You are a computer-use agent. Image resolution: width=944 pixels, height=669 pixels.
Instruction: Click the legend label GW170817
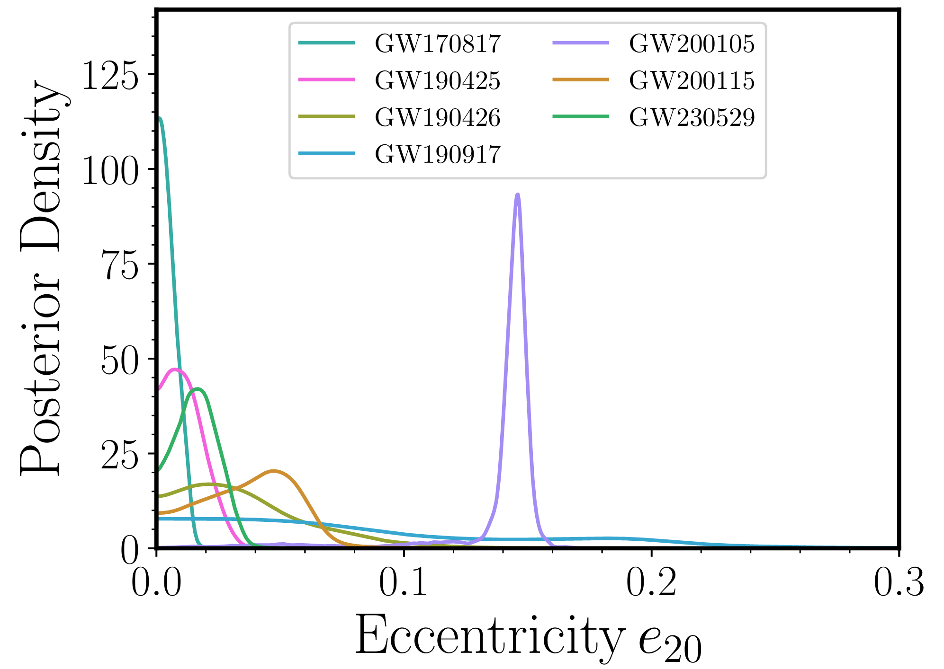coord(437,44)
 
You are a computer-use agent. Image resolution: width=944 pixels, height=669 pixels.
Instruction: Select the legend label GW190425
coord(437,80)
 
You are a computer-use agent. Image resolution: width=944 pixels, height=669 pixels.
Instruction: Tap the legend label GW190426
coord(437,117)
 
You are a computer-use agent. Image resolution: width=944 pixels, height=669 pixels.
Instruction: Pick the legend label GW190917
coord(437,154)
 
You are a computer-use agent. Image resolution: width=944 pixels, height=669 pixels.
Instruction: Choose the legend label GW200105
coord(692,44)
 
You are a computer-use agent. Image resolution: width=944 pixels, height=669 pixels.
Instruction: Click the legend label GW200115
coord(692,80)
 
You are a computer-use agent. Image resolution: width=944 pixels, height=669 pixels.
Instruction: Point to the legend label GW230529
coord(692,117)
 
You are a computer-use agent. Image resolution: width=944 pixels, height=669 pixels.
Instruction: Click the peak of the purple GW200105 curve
coord(518,194)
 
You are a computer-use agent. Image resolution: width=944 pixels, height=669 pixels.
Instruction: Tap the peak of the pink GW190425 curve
coord(175,370)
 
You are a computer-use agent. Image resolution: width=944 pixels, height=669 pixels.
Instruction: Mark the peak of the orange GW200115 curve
coord(274,471)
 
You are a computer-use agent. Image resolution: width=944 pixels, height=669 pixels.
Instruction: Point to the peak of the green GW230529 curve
coord(198,389)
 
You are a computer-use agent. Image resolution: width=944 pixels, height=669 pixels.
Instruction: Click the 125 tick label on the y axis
coord(110,76)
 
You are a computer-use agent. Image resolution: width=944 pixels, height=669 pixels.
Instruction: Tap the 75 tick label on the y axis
coord(120,265)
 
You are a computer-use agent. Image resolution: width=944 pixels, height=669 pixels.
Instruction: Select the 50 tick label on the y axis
coord(120,360)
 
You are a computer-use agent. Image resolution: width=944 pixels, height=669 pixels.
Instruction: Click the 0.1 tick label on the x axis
coord(403,583)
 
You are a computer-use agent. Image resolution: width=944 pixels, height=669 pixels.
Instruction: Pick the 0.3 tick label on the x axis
coord(899,583)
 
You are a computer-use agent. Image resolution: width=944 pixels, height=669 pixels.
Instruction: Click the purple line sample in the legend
coord(581,43)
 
